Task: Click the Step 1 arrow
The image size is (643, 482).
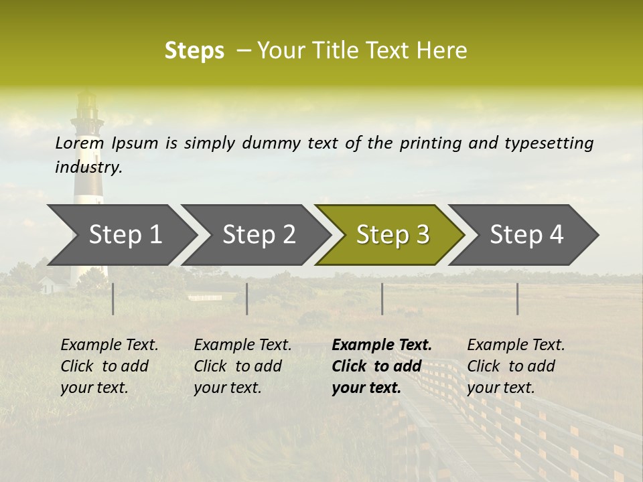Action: [124, 235]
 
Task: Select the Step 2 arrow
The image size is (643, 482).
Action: [258, 235]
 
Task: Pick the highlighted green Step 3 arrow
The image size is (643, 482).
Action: [392, 235]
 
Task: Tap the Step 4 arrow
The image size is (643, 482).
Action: [526, 235]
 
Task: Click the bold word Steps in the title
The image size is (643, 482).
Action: [194, 51]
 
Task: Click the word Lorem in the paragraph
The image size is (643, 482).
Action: [79, 143]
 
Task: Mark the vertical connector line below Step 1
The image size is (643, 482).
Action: [113, 299]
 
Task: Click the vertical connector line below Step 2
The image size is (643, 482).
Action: [247, 299]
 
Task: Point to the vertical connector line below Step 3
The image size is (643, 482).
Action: [382, 299]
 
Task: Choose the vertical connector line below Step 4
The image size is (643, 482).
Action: [518, 299]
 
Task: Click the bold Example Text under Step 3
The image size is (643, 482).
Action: [382, 345]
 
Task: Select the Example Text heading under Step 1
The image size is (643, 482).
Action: [109, 345]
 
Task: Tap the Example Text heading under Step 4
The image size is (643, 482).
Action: [516, 345]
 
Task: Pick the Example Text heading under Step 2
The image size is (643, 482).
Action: [242, 345]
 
